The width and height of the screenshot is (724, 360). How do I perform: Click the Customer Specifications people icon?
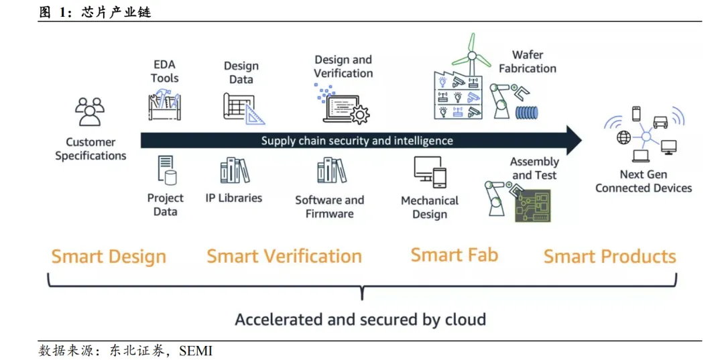tap(90, 111)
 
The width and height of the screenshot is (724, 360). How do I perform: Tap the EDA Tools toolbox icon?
tap(164, 106)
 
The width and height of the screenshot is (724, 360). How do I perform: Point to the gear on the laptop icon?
tap(360, 114)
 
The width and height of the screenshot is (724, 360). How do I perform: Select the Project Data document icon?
tap(166, 170)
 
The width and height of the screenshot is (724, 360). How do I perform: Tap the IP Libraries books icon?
tap(235, 171)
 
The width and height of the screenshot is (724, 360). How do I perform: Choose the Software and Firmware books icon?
tap(331, 171)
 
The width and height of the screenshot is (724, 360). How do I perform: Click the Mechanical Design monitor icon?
tap(428, 172)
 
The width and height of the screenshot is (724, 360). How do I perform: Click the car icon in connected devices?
tap(660, 122)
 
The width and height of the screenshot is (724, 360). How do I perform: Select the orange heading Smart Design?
tap(109, 257)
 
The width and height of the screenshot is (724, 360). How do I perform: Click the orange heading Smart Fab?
tap(454, 255)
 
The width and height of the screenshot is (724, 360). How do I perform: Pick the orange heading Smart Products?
tap(609, 257)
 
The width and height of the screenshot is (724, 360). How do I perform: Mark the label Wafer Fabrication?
tap(527, 62)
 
